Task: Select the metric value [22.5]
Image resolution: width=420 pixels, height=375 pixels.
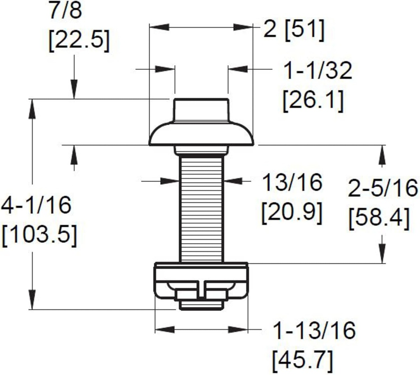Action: click(x=79, y=41)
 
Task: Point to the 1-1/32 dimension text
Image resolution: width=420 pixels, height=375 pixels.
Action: click(x=318, y=71)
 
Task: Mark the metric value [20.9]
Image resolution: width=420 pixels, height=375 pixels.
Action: click(x=291, y=212)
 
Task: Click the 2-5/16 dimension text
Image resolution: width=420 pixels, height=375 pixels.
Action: click(x=383, y=188)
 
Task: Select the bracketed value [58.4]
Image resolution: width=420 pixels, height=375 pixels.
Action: click(x=379, y=218)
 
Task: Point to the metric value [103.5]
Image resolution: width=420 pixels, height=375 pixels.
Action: click(x=39, y=236)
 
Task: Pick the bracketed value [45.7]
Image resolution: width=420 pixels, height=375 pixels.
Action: click(x=302, y=360)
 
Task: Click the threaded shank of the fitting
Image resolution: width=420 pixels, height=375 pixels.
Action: click(x=201, y=209)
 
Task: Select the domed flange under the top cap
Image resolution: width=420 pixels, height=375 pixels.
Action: click(x=201, y=133)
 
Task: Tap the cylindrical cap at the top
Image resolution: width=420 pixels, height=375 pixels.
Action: click(x=201, y=110)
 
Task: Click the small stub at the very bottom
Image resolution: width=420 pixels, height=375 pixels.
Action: click(x=201, y=305)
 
